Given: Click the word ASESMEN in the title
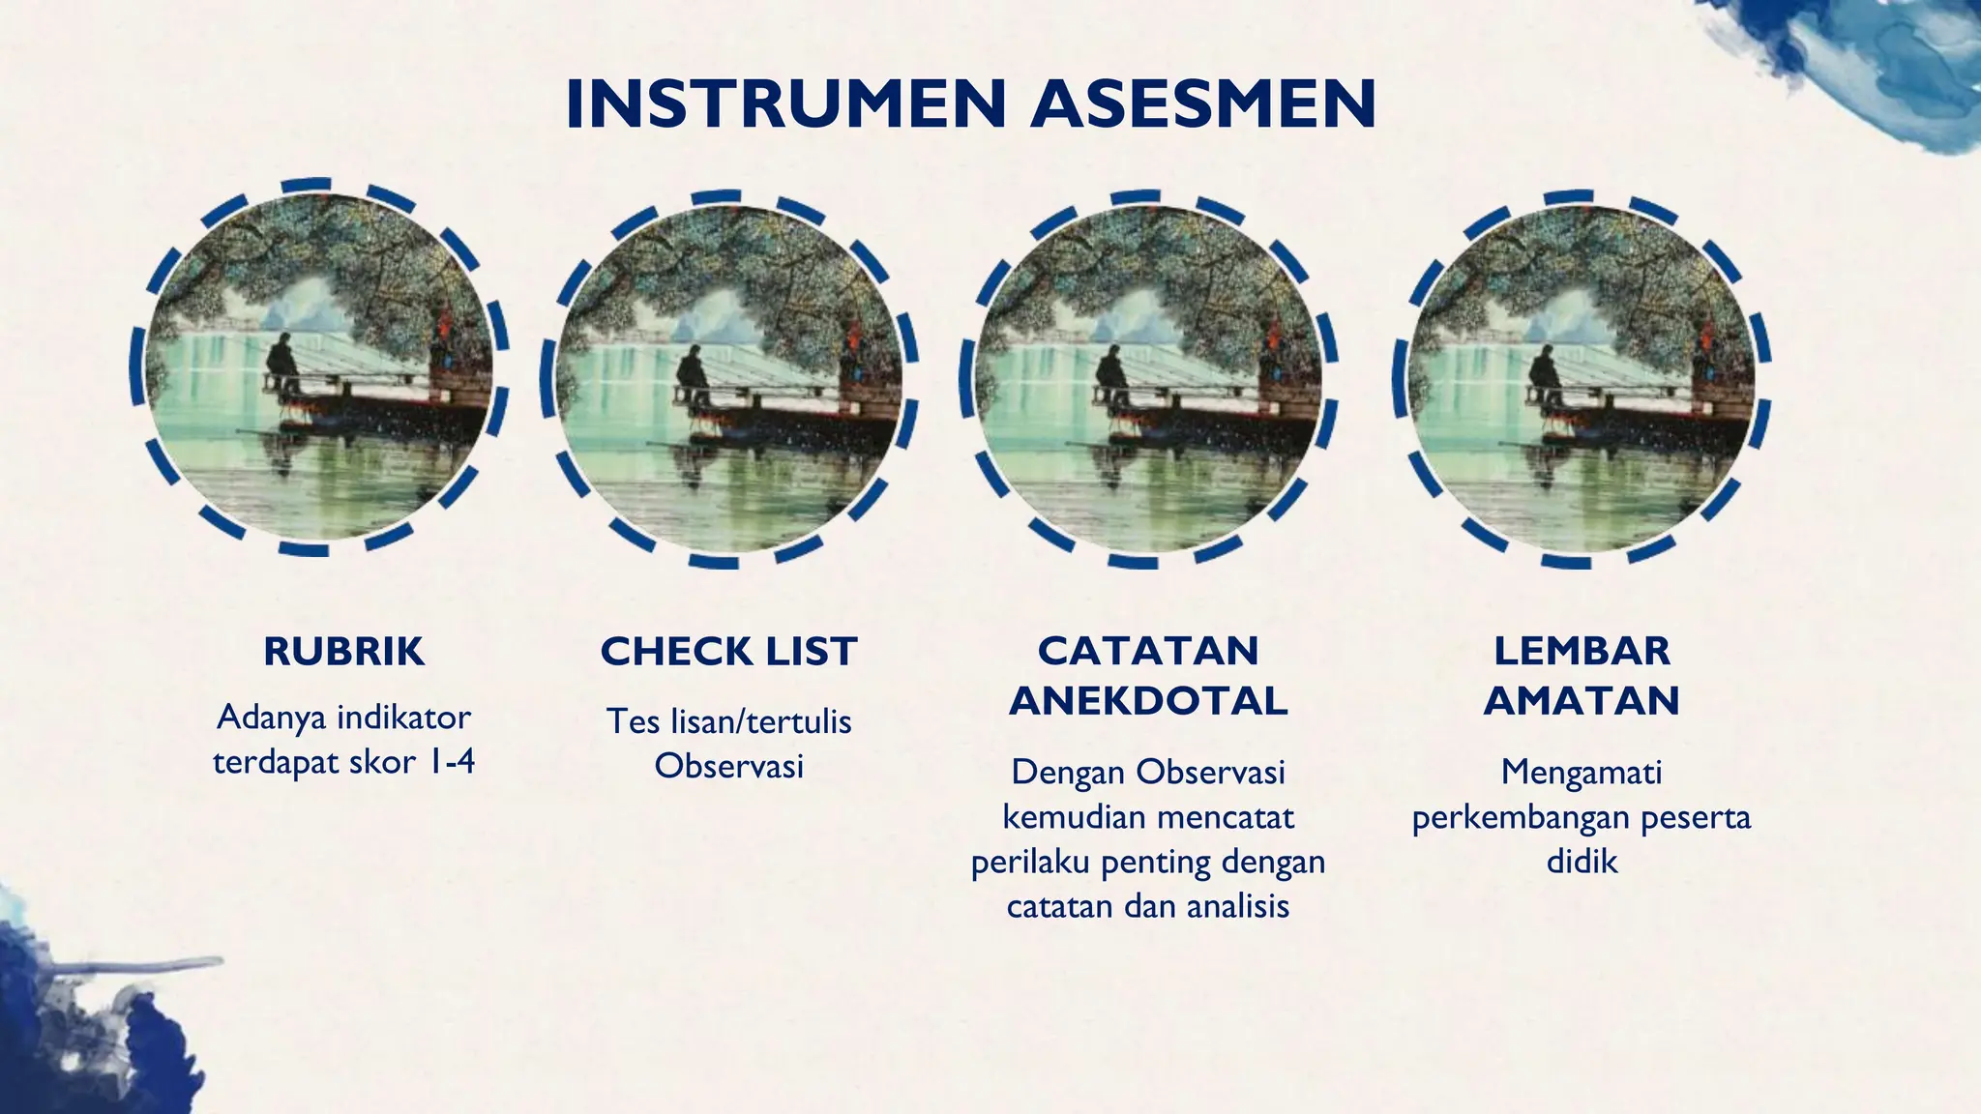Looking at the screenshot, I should tap(1203, 104).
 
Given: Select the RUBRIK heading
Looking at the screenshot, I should tap(343, 652).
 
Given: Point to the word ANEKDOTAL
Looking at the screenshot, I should tap(1148, 700).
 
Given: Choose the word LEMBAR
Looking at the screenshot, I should tap(1582, 651).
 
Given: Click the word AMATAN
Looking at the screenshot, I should tap(1582, 700).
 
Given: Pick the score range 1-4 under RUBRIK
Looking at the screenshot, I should tap(451, 762).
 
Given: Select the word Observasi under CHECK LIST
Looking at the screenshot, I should tap(729, 766).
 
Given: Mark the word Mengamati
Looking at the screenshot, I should tap(1582, 772).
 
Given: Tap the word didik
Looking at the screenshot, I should tap(1582, 861).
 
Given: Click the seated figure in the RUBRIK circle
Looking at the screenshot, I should tap(283, 364).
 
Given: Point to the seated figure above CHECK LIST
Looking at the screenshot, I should tap(693, 375).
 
